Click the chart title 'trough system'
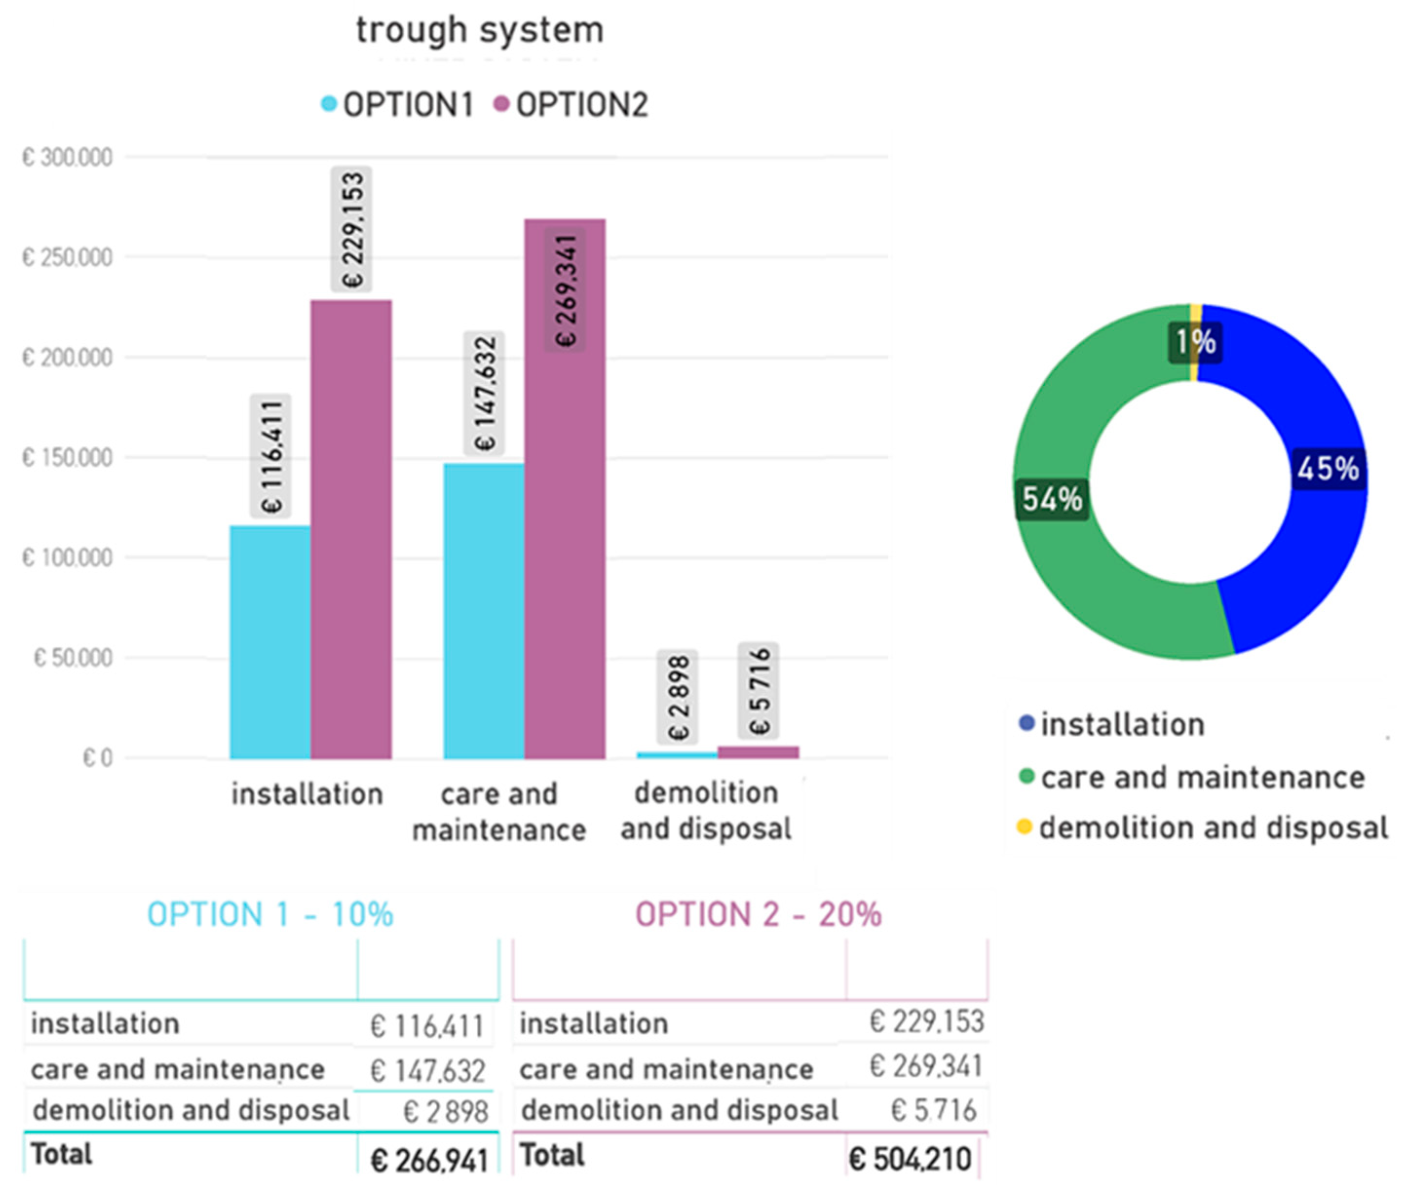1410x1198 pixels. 479,31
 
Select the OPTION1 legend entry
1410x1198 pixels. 396,105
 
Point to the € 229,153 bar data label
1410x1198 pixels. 351,229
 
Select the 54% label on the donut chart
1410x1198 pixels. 1052,499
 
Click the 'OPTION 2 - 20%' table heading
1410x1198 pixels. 758,913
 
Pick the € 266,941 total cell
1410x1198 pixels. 429,1160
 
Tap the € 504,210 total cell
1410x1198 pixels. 910,1158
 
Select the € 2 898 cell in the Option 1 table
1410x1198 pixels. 445,1112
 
